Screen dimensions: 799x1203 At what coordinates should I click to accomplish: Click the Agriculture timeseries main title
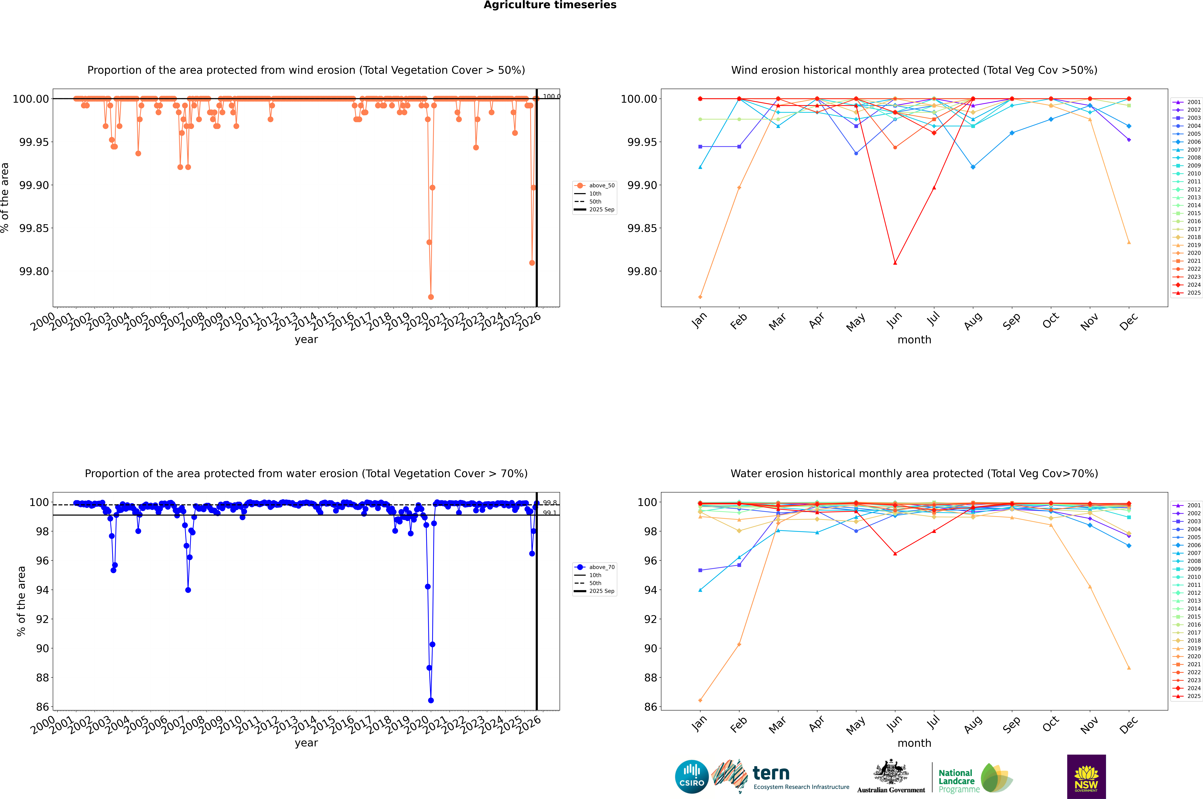click(550, 5)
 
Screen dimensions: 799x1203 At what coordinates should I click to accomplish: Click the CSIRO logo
click(691, 777)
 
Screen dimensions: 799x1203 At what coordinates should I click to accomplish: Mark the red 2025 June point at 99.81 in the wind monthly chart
click(895, 263)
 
